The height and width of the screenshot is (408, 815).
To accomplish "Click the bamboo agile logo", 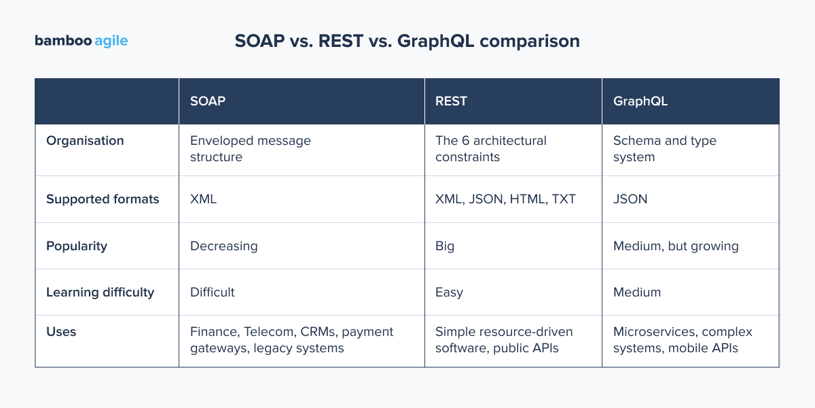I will point(81,41).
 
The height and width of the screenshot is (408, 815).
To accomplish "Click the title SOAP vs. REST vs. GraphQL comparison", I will point(407,41).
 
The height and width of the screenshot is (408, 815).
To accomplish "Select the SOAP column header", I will point(208,101).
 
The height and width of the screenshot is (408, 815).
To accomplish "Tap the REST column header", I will point(451,101).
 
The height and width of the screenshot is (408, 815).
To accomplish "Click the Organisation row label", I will point(85,141).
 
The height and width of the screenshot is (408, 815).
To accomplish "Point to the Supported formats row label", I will point(103,199).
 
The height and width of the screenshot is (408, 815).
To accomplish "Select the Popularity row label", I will point(77,246).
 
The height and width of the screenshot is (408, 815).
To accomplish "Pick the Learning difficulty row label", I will point(100,292).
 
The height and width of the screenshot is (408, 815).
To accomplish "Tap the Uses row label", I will point(61,332).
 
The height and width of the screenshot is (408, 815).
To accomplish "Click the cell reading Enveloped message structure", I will point(250,149).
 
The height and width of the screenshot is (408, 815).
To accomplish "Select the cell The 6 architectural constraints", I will point(490,149).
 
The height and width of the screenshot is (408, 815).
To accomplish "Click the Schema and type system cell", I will point(664,149).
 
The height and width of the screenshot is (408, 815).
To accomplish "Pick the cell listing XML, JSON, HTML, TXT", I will point(505,199).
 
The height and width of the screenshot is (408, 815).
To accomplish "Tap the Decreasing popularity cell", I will point(223,246).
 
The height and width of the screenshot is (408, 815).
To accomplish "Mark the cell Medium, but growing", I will point(676,246).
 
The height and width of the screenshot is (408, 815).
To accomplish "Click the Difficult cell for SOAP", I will point(212,292).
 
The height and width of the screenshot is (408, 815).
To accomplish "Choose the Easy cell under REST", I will point(449,292).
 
